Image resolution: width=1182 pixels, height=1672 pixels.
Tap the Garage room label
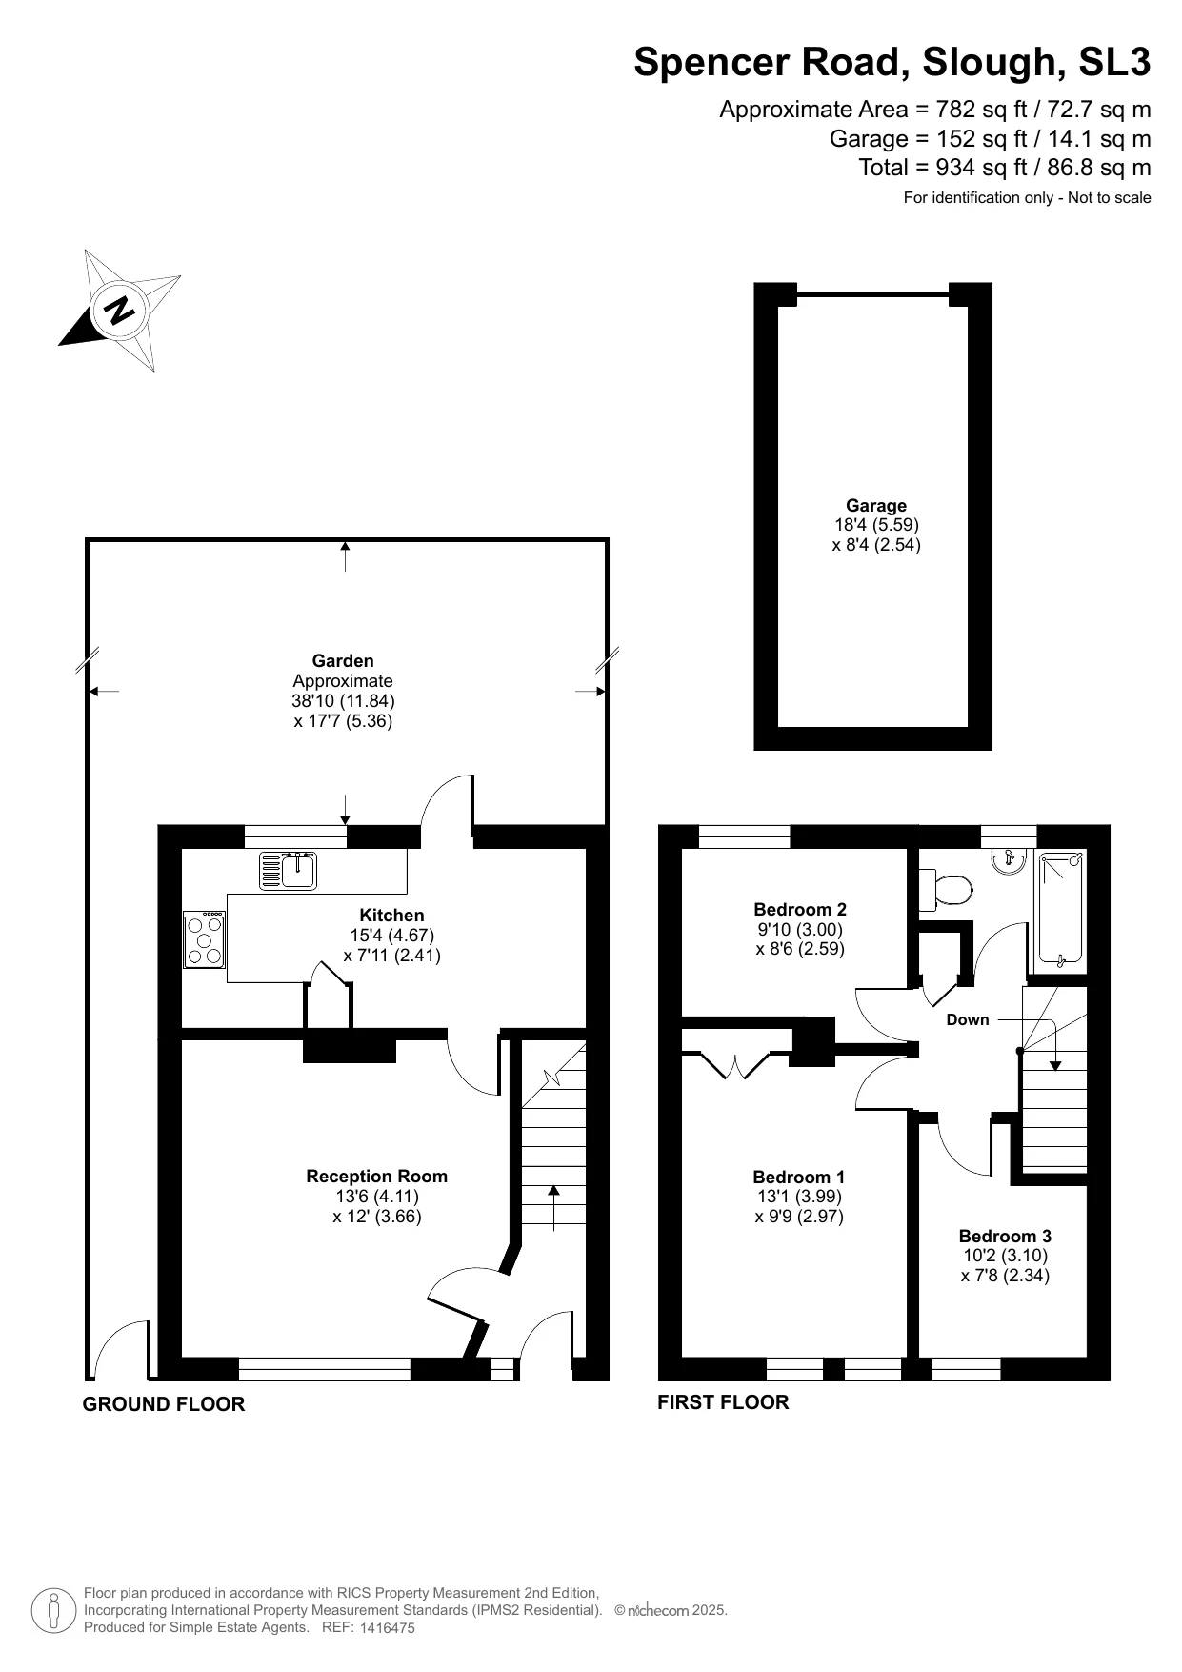876,506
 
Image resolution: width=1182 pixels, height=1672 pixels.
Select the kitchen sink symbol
290,870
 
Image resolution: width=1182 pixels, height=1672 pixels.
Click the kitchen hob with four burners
205,940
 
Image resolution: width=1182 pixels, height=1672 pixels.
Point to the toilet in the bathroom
947,890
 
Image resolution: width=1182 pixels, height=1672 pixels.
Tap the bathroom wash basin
1008,861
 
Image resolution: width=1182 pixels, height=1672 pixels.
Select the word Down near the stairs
968,1020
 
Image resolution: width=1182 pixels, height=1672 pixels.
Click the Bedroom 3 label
1005,1237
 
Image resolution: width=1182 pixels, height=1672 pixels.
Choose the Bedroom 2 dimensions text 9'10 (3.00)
800,930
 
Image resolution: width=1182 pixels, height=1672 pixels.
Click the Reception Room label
376,1177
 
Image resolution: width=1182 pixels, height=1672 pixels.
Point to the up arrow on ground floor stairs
553,1206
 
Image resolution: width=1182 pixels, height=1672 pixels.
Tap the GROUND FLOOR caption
164,1404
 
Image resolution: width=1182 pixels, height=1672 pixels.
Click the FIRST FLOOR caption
723,1402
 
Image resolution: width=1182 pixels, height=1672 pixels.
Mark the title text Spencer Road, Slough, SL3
892,63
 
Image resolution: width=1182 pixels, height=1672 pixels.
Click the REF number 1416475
388,1628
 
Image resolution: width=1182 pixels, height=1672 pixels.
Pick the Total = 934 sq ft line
1004,168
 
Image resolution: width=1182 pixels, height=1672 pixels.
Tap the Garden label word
343,661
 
